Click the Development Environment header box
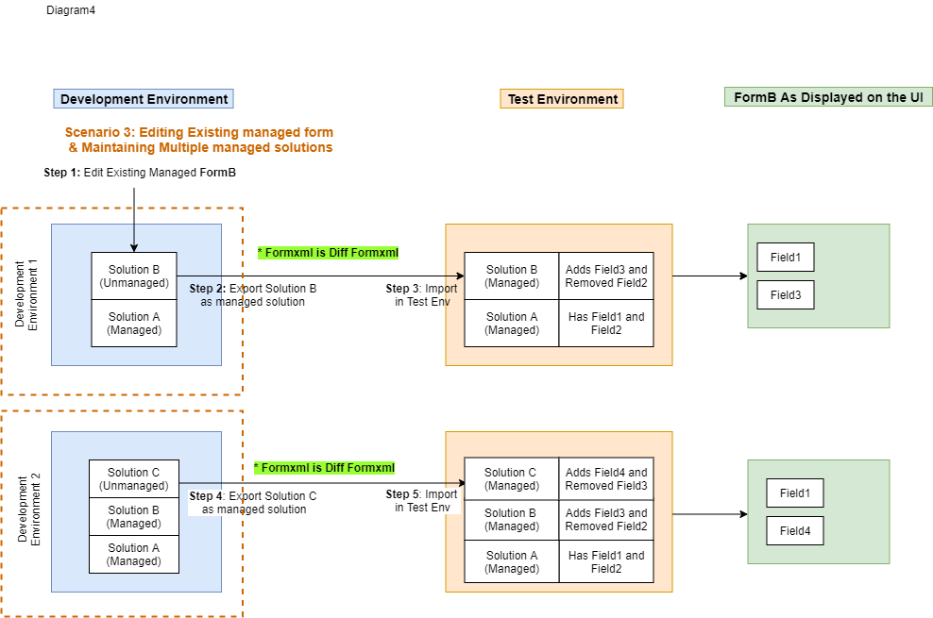coord(144,99)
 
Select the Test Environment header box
coord(562,99)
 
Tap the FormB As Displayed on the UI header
coord(828,97)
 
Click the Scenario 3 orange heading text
coord(199,140)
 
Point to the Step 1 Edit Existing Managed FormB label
coord(140,173)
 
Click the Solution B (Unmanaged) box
coord(134,276)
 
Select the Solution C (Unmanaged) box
coord(134,479)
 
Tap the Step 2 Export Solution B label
coord(253,294)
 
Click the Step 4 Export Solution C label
coord(253,502)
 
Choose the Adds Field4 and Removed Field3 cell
coord(606,479)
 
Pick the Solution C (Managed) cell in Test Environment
coord(512,479)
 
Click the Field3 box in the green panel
coord(786,294)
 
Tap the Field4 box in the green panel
coord(795,530)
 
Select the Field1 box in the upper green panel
coord(786,258)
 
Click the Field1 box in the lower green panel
coord(795,493)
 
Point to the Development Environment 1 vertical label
coord(26,294)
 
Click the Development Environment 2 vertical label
coord(28,509)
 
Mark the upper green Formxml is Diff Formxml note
coord(328,253)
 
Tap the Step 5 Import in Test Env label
coord(422,500)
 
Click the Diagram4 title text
coord(71,10)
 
